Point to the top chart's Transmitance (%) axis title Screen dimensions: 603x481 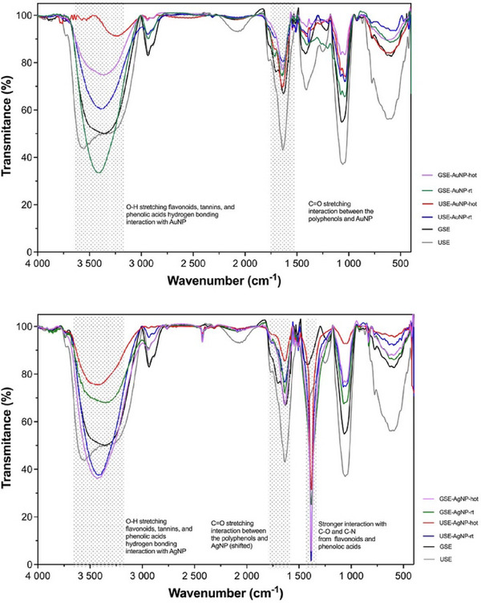coord(7,132)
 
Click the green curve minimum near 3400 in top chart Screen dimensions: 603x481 coord(99,172)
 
